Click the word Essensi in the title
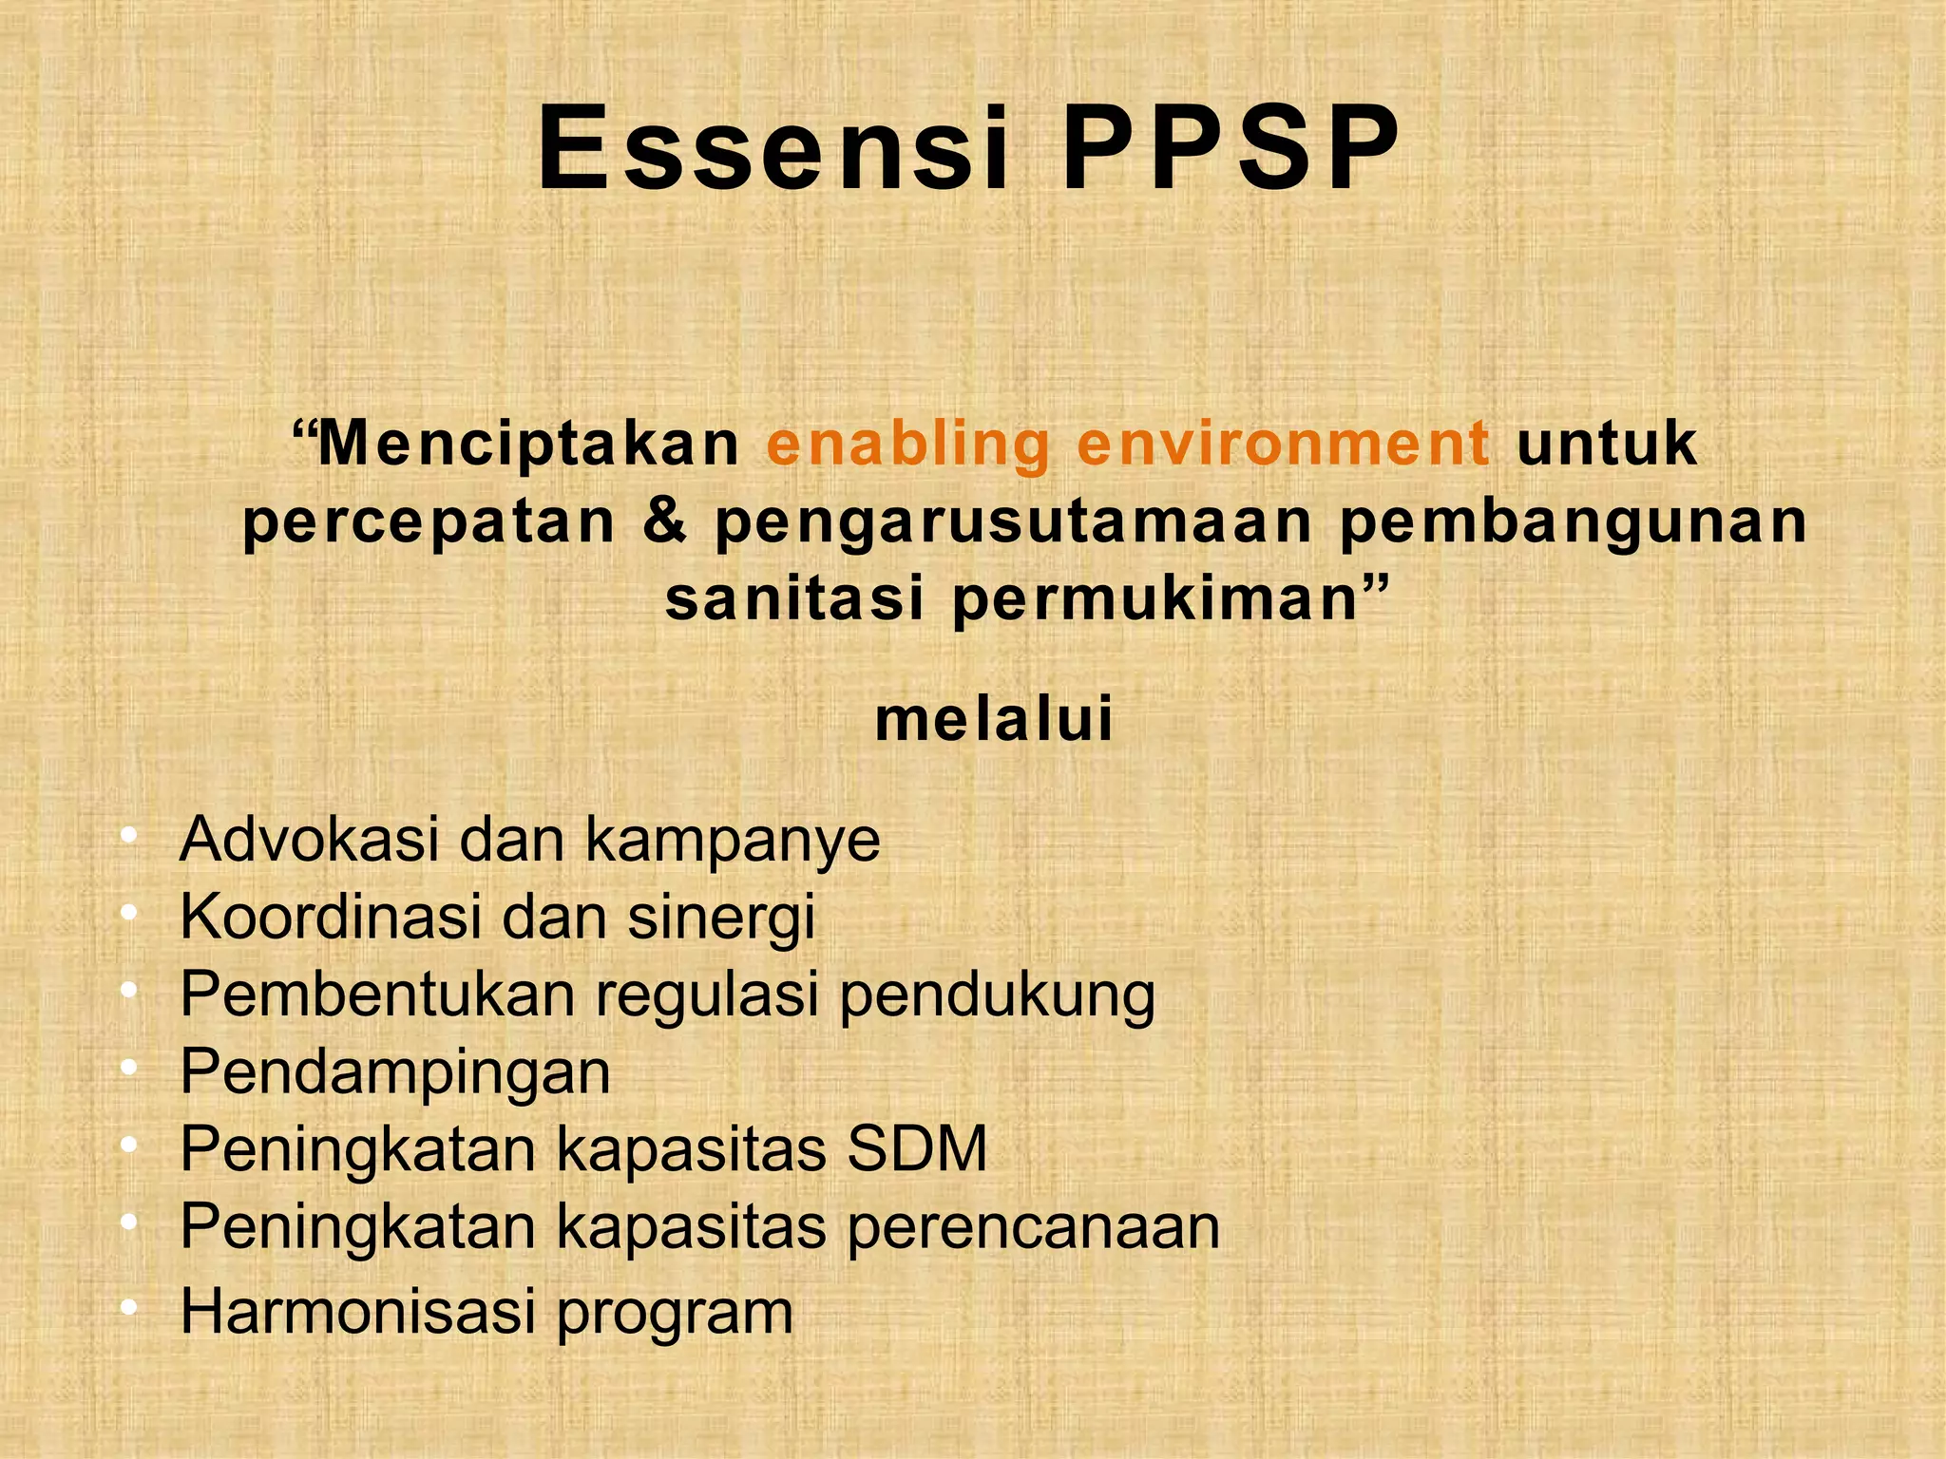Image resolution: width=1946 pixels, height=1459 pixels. click(773, 149)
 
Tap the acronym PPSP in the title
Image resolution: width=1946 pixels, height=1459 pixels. click(1231, 149)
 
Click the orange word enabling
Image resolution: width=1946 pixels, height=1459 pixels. click(907, 444)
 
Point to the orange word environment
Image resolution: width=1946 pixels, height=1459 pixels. click(1283, 444)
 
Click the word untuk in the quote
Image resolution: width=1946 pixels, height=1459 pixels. click(1606, 444)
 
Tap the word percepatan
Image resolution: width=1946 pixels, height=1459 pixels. click(429, 521)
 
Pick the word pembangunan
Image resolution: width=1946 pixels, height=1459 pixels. click(1573, 521)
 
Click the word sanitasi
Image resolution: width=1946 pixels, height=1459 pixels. click(794, 599)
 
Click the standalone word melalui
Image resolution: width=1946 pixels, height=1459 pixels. click(994, 719)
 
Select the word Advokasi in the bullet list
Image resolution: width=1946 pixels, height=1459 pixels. click(309, 840)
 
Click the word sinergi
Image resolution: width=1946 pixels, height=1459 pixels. click(721, 919)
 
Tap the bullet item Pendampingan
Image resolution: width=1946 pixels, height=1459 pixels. click(395, 1073)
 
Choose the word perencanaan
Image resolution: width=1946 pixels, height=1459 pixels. click(1033, 1227)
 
